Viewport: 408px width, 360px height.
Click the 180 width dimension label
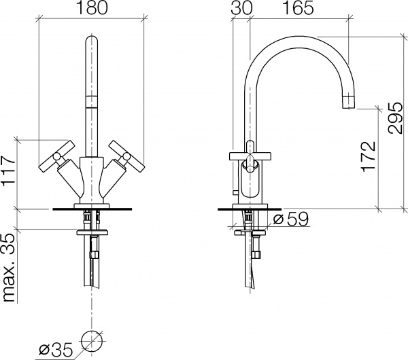[x=92, y=7]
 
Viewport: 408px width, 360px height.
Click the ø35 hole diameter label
[x=56, y=350]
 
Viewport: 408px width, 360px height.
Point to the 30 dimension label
[x=241, y=7]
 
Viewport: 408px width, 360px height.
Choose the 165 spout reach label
[x=298, y=7]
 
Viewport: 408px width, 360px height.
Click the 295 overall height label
[x=395, y=118]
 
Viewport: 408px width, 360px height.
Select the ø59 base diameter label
[x=290, y=219]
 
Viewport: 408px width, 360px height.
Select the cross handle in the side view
[x=250, y=156]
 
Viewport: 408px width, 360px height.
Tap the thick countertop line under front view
[x=92, y=209]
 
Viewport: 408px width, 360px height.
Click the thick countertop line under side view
[x=250, y=209]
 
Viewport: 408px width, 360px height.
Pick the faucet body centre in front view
[x=91, y=180]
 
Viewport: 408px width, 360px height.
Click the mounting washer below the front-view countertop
[x=92, y=232]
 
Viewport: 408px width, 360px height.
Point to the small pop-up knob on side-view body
[x=236, y=192]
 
